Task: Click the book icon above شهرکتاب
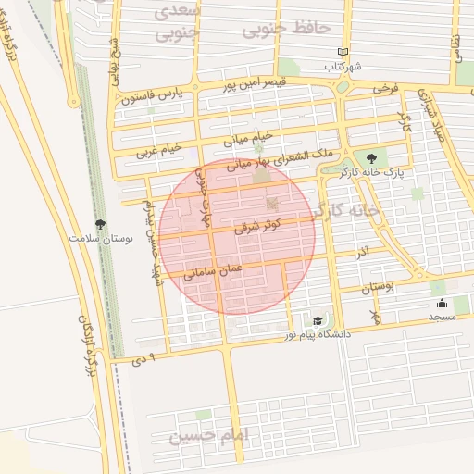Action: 343,53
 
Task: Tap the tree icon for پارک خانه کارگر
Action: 371,157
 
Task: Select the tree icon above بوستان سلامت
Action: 100,223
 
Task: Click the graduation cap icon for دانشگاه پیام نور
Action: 318,320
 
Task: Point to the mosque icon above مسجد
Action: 442,303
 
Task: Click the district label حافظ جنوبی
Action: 286,29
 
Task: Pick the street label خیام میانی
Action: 248,139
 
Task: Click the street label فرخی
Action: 385,89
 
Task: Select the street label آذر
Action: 363,252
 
